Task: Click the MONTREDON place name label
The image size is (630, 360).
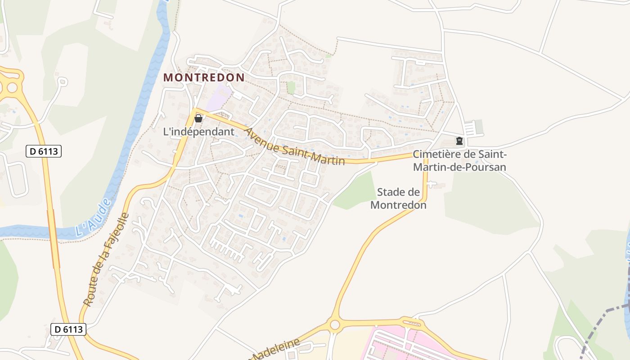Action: click(204, 77)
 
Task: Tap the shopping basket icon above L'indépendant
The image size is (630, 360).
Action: click(198, 118)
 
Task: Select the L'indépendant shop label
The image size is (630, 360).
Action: click(198, 132)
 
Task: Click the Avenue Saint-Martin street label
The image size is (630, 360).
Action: click(294, 147)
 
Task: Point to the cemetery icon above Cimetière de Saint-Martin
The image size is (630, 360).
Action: click(459, 141)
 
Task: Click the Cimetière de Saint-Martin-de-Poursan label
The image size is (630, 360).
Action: click(459, 161)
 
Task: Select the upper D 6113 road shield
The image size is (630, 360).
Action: click(44, 152)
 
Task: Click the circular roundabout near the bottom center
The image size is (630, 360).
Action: click(334, 324)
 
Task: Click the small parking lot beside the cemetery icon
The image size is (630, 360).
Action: click(472, 128)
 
